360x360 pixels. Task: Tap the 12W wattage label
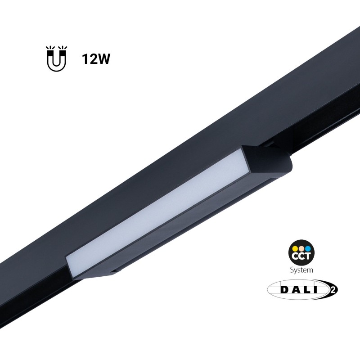(96, 59)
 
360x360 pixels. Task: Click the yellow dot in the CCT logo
(295, 248)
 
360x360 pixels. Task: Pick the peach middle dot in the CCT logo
(301, 248)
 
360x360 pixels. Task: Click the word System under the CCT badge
(301, 270)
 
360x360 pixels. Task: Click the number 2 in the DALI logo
(333, 289)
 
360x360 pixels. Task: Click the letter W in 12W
(103, 59)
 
